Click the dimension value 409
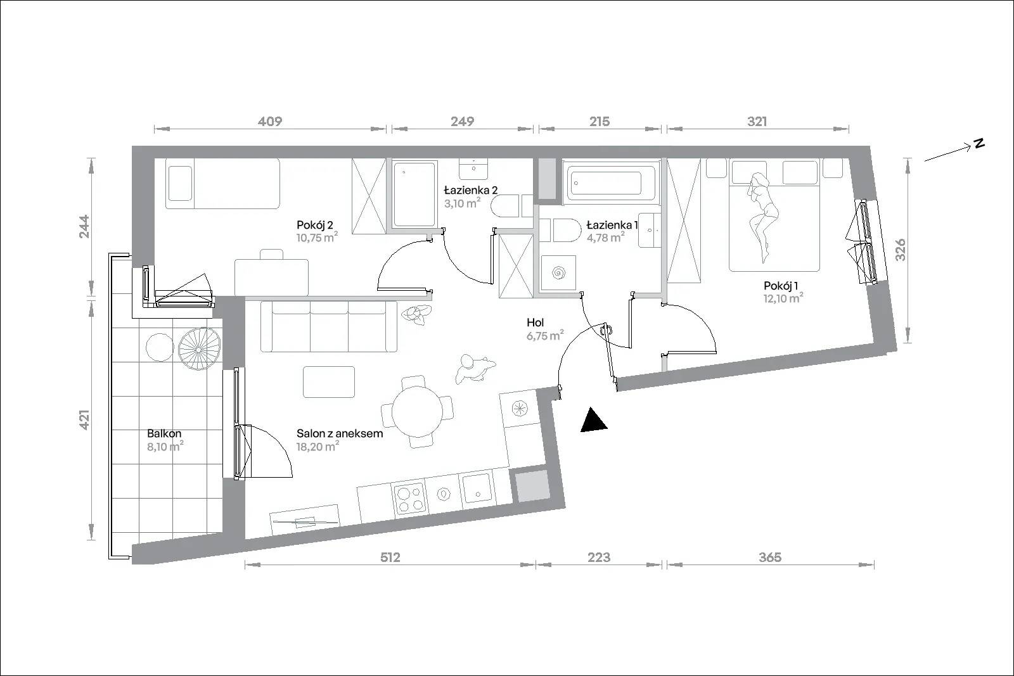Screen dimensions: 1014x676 270,121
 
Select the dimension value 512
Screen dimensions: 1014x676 390,558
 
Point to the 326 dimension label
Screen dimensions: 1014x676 901,250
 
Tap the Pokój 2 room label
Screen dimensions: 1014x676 314,225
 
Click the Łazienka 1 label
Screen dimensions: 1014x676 612,225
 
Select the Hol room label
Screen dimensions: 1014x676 535,322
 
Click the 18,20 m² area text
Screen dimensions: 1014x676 318,447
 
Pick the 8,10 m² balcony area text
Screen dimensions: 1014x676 165,447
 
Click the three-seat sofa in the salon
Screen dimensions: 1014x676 329,326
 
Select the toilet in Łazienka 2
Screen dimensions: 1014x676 511,207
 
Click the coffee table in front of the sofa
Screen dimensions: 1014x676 329,382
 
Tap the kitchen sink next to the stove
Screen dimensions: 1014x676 477,488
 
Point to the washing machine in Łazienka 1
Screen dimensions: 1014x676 558,273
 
